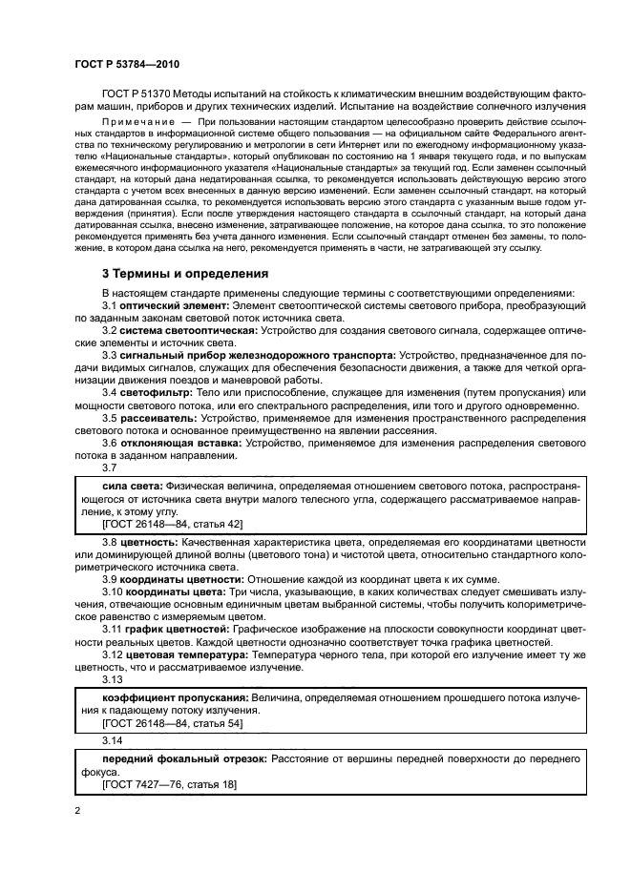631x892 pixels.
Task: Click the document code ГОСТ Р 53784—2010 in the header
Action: pos(122,64)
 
